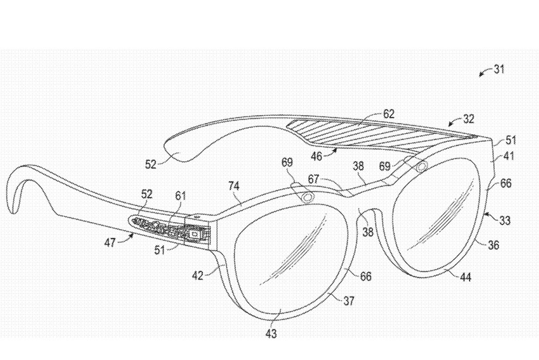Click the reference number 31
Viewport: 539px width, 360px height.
pyautogui.click(x=499, y=69)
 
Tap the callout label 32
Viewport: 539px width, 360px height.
pyautogui.click(x=468, y=119)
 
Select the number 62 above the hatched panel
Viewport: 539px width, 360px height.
pyautogui.click(x=389, y=114)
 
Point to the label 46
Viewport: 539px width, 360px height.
pyautogui.click(x=316, y=156)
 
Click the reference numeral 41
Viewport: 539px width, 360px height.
pyautogui.click(x=508, y=156)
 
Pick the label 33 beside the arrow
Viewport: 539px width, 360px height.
pyautogui.click(x=505, y=220)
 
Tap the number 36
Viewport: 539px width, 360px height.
pyautogui.click(x=493, y=245)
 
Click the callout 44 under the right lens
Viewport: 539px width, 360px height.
pyautogui.click(x=466, y=277)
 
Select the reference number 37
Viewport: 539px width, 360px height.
pyautogui.click(x=349, y=301)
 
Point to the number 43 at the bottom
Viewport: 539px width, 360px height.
pyautogui.click(x=271, y=333)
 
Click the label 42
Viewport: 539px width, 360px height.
pyautogui.click(x=197, y=275)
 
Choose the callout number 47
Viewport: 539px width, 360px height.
pyautogui.click(x=110, y=243)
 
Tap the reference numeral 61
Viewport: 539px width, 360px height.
pyautogui.click(x=180, y=196)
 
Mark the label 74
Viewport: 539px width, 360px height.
pyautogui.click(x=233, y=186)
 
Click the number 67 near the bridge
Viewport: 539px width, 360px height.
pyautogui.click(x=314, y=179)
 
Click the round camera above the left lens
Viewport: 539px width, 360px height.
pyautogui.click(x=308, y=197)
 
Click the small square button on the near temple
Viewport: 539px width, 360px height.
pyautogui.click(x=194, y=234)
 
